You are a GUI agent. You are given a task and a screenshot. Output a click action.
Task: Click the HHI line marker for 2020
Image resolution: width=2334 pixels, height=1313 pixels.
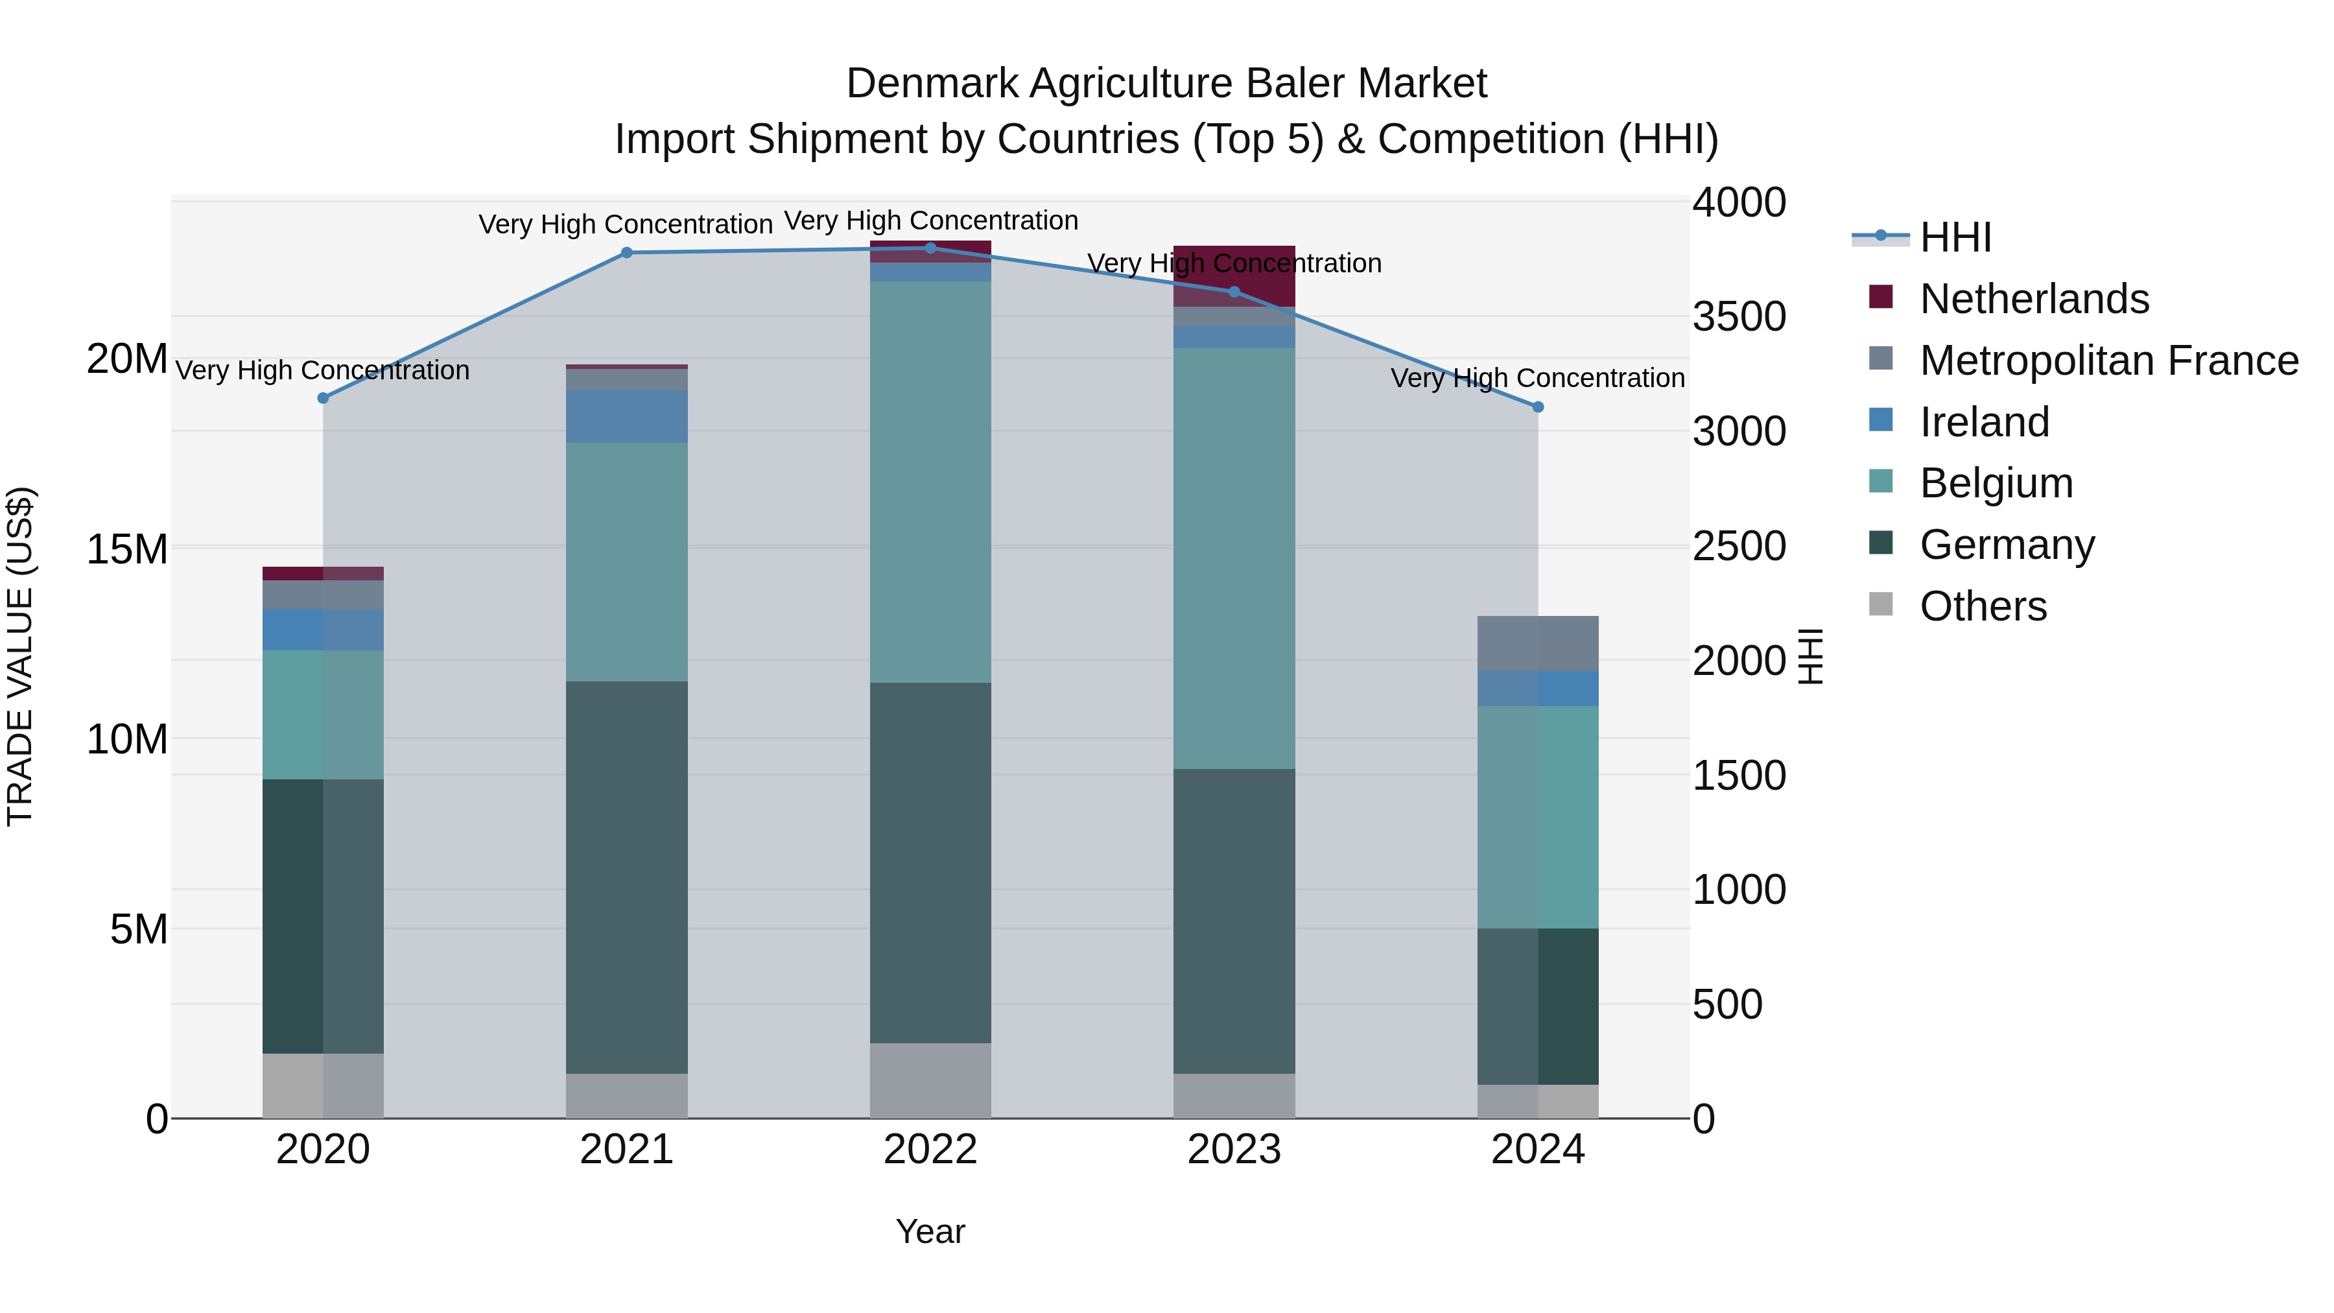324,398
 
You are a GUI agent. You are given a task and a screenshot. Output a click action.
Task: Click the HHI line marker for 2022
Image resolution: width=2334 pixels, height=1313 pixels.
930,248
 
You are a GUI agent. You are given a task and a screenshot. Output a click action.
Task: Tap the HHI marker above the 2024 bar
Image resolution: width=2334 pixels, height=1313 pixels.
1538,407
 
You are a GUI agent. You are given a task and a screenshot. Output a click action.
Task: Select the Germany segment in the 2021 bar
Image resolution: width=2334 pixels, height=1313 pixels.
627,877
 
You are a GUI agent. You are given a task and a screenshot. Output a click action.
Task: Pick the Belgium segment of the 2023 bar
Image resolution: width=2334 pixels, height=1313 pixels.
1234,558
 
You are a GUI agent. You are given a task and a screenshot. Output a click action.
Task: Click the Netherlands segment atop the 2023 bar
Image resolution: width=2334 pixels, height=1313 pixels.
1234,276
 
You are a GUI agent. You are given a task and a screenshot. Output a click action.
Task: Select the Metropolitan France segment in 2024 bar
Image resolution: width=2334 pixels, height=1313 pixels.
1538,643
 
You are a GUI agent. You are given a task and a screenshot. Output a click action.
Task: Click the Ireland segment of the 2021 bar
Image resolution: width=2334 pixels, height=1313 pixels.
627,416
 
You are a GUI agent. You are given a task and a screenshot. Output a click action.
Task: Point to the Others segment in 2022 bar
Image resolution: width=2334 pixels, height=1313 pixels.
930,1080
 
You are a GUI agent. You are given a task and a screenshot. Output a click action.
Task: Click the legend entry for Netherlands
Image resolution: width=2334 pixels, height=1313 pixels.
2033,299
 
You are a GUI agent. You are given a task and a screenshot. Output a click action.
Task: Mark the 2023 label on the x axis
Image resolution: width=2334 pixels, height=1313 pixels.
1234,1150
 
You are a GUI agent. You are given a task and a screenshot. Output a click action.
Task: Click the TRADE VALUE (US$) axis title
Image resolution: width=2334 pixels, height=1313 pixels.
20,656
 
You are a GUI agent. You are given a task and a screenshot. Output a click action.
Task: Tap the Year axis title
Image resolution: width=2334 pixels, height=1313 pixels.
930,1231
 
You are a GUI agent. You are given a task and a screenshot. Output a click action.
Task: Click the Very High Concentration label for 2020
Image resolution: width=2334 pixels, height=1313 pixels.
323,371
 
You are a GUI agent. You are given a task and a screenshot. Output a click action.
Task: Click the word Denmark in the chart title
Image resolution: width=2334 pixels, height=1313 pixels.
932,84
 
